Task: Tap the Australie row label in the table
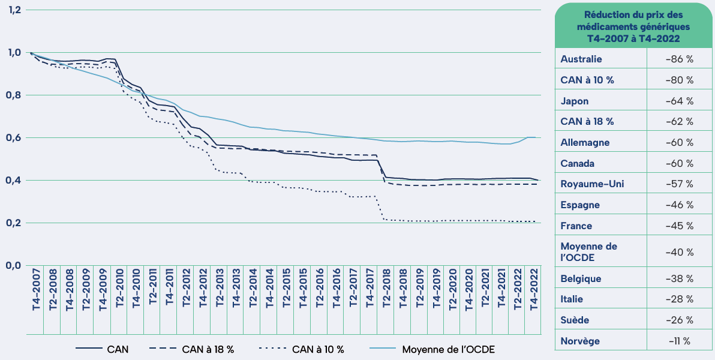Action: click(x=581, y=59)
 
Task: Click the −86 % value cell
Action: click(x=679, y=59)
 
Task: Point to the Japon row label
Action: click(x=575, y=101)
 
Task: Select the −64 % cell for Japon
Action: click(x=679, y=101)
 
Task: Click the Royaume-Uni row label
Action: click(x=592, y=184)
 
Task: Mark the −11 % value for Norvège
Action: click(x=679, y=341)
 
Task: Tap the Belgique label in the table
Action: click(x=581, y=278)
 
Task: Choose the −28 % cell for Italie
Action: click(x=679, y=299)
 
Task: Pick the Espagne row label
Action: click(x=580, y=205)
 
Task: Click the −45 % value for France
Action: click(x=679, y=226)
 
